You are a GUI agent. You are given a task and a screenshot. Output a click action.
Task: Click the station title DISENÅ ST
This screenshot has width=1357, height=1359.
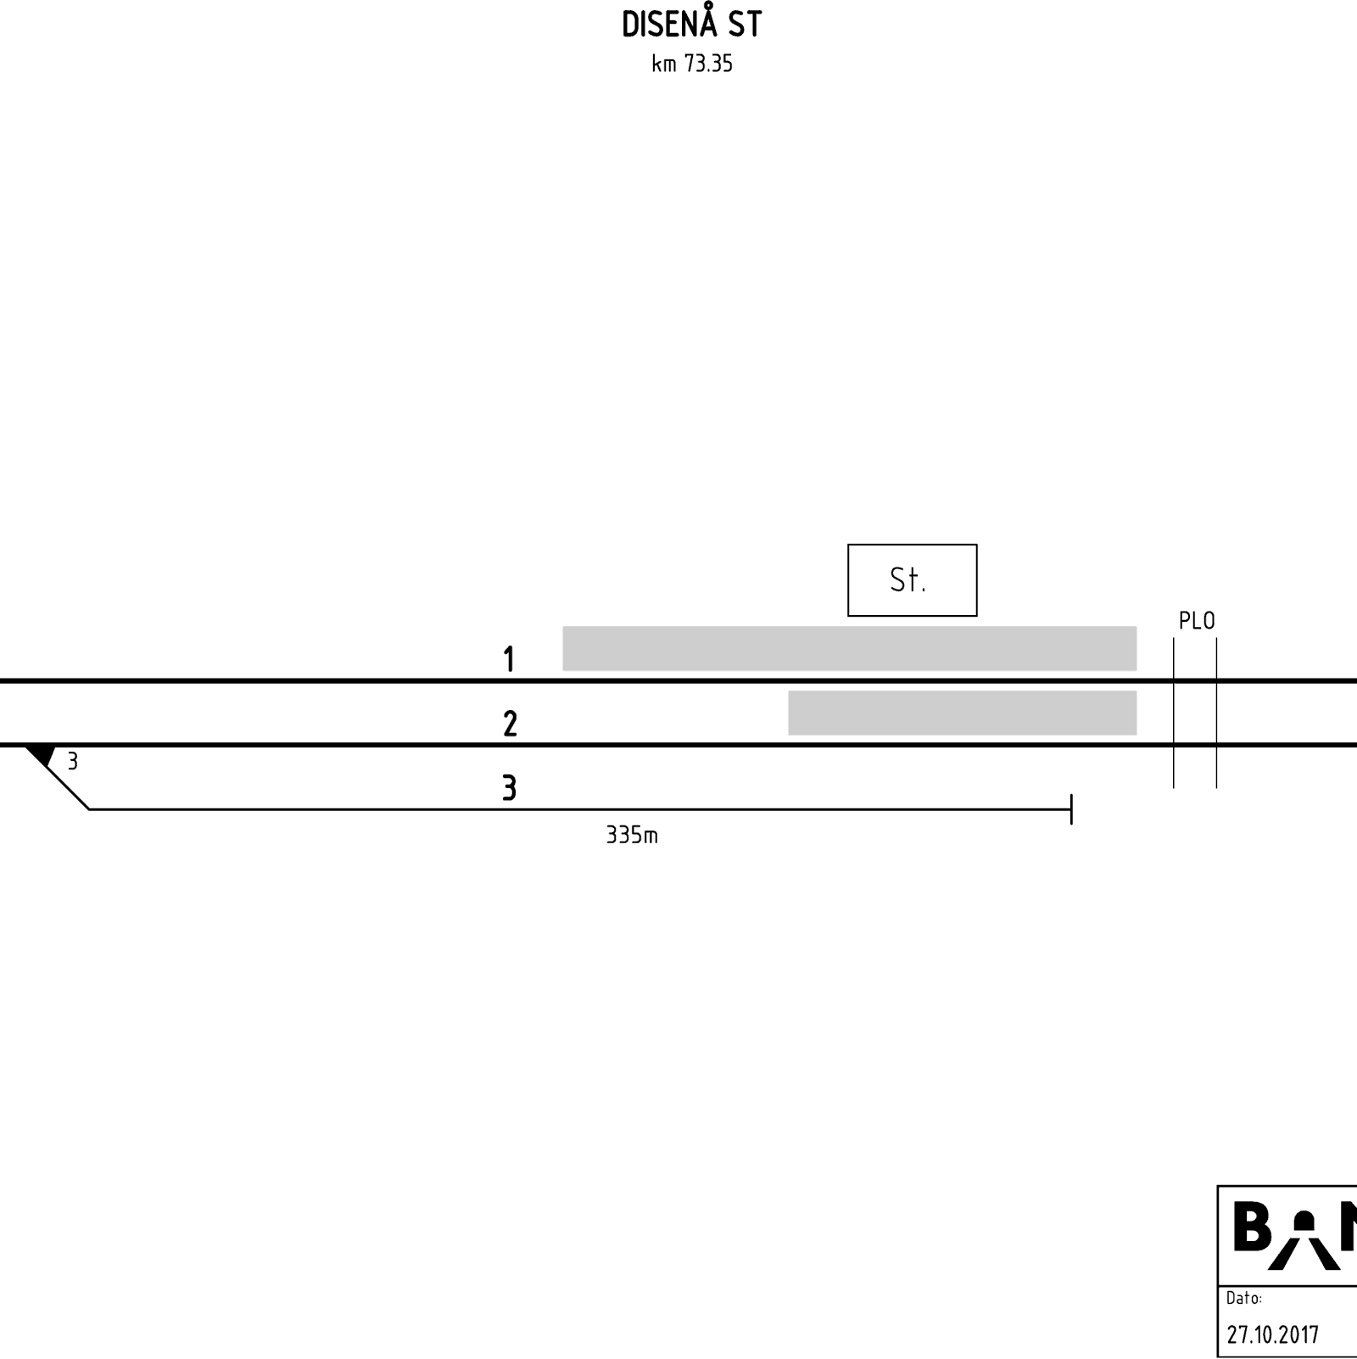691,24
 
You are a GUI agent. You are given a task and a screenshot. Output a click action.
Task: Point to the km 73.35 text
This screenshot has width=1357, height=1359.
691,64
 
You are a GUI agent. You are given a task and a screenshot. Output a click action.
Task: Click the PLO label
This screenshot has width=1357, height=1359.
1197,621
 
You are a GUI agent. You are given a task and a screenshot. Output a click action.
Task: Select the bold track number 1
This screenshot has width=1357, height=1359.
509,659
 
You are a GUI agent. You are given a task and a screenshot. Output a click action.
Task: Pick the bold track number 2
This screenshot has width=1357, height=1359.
510,724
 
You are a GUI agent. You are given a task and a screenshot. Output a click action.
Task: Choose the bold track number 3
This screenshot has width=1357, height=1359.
509,788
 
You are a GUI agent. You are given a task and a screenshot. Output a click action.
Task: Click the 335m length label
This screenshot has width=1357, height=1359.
632,836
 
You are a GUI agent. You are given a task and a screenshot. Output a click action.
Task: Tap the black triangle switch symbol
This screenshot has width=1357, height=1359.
41,755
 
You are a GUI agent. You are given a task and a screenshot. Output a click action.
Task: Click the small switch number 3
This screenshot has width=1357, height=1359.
73,762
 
